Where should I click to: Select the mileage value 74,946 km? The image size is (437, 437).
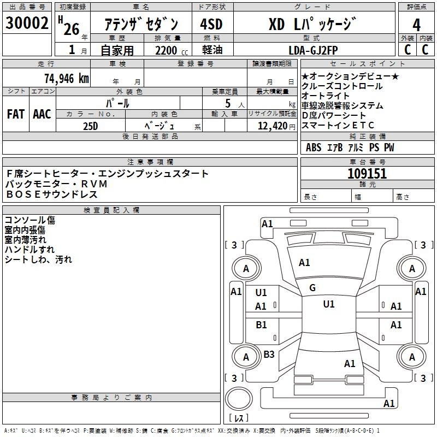(66, 78)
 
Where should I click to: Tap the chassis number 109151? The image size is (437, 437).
(367, 174)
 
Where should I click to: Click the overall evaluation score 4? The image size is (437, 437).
(417, 25)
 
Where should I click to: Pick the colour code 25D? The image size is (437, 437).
(91, 126)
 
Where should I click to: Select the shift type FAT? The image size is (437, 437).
(15, 114)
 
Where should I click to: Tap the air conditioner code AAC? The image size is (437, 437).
(42, 114)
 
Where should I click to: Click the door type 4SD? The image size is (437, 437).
(211, 25)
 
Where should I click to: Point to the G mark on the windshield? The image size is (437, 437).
(312, 288)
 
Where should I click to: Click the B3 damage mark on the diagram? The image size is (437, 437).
(269, 355)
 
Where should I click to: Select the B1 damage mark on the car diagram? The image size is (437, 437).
(262, 325)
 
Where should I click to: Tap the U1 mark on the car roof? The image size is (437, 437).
(329, 304)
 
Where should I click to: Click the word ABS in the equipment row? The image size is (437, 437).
(314, 147)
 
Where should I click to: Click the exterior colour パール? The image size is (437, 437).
(117, 103)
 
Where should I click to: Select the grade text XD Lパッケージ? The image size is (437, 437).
(312, 25)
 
